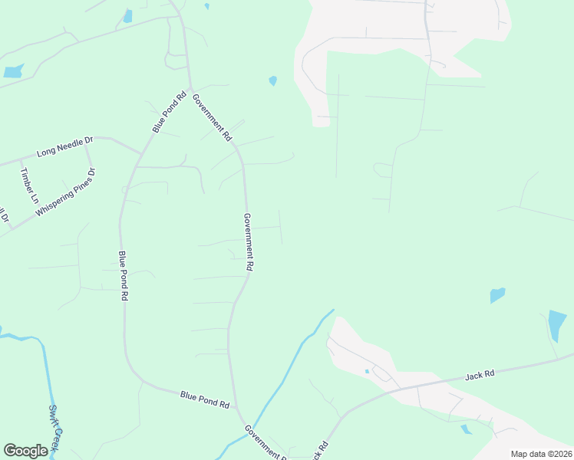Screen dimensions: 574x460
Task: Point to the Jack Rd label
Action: (480, 375)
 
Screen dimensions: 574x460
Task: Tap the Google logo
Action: (25, 451)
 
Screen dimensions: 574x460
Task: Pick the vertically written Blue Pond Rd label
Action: (122, 275)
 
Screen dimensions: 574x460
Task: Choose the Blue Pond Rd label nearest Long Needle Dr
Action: (169, 113)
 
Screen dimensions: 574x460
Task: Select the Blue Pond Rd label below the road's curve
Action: (205, 399)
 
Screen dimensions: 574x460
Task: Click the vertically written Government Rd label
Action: (248, 242)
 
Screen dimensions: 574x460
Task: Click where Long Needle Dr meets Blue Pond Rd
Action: (140, 153)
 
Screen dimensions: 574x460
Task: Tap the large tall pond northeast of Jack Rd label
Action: (557, 325)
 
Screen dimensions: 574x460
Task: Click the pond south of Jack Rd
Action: (466, 429)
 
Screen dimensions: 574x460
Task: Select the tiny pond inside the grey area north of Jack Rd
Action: (367, 372)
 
